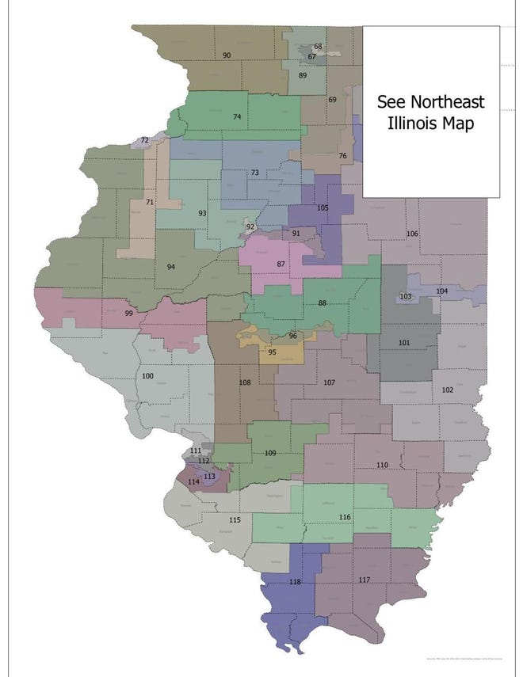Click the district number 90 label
(227, 55)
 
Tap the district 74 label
(237, 117)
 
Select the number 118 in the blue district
(296, 582)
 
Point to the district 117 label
(364, 580)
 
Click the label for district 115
(235, 520)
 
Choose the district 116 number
(344, 517)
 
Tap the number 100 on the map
(147, 376)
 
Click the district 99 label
(129, 314)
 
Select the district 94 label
(170, 267)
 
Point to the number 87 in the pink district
(281, 264)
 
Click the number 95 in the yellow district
(272, 352)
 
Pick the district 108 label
(245, 383)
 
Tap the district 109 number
(269, 453)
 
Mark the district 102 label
(447, 390)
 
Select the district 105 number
(322, 207)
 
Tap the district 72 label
(144, 141)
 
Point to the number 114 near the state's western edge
(193, 481)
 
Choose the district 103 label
(406, 296)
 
